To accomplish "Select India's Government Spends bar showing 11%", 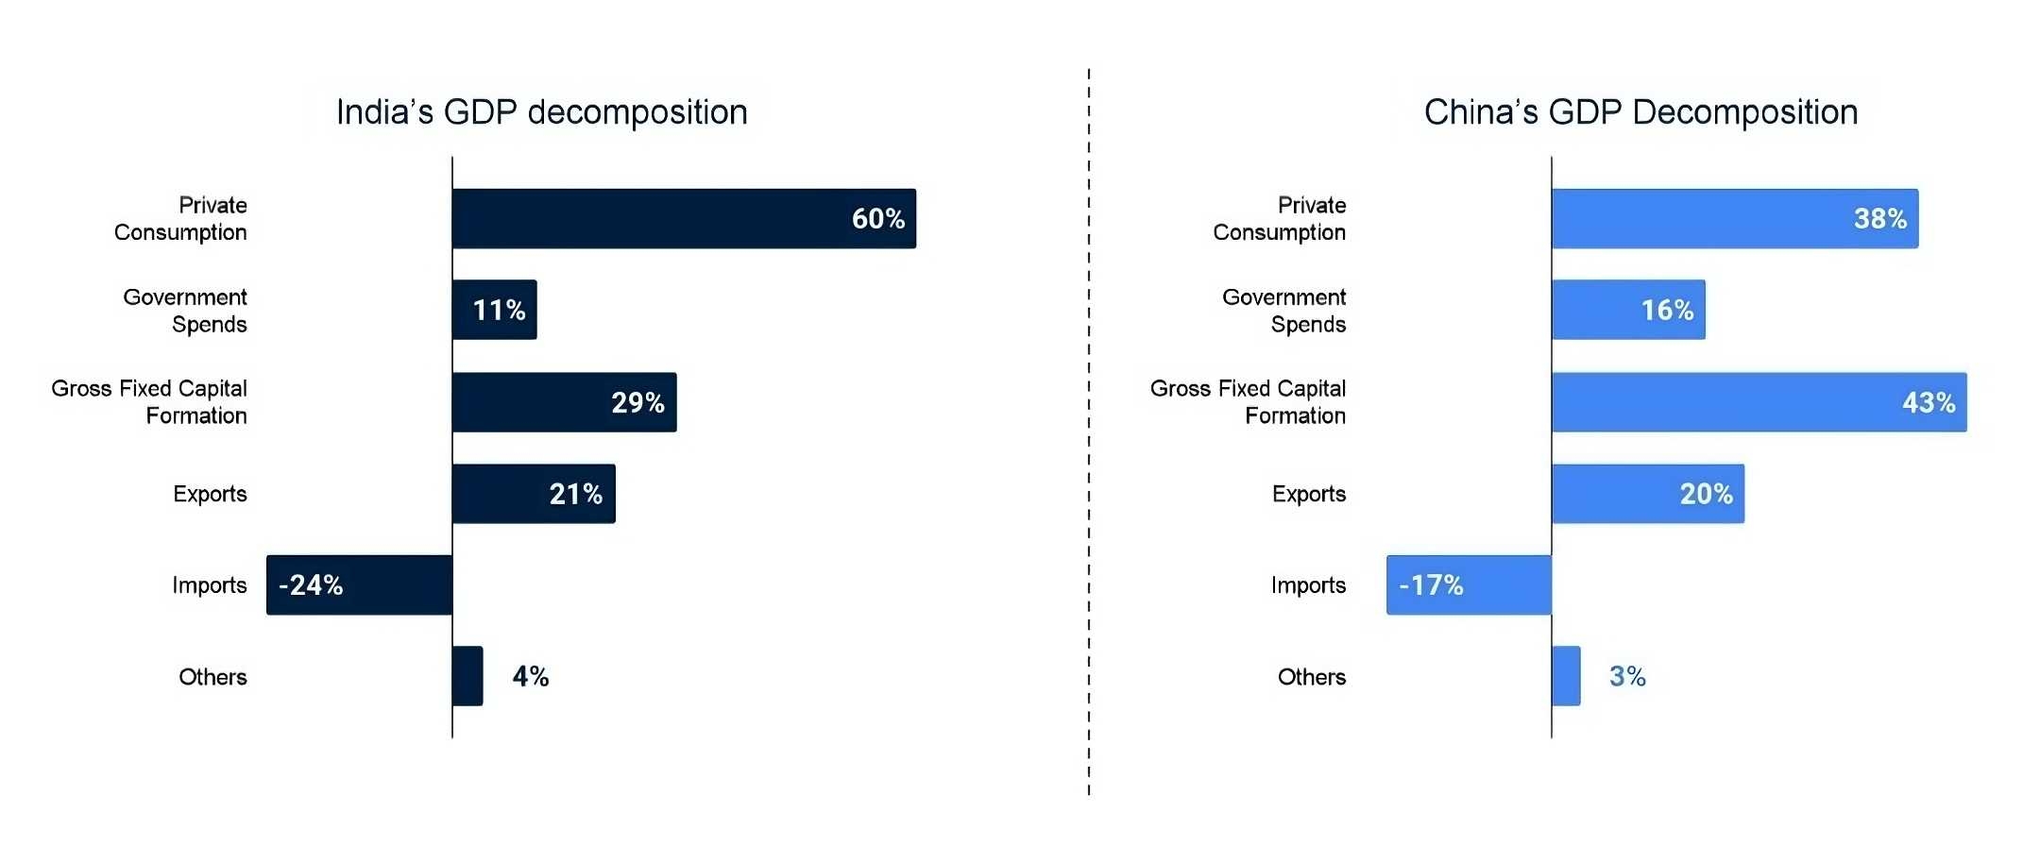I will [494, 310].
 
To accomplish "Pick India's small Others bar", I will [467, 676].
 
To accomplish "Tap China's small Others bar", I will [1566, 676].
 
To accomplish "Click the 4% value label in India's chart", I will [531, 676].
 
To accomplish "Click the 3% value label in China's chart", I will [1627, 676].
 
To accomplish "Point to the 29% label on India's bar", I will [637, 402].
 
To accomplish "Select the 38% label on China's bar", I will [1879, 218].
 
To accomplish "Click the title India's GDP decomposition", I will [542, 112].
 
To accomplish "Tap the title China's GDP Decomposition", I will [1640, 112].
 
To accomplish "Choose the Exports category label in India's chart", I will [210, 494].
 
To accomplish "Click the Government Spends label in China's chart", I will [1284, 311].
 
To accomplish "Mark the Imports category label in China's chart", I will [1308, 585].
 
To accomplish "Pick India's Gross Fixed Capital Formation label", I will [150, 402].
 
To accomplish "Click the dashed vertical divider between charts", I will [1089, 425].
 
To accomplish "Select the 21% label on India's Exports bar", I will [575, 494].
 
